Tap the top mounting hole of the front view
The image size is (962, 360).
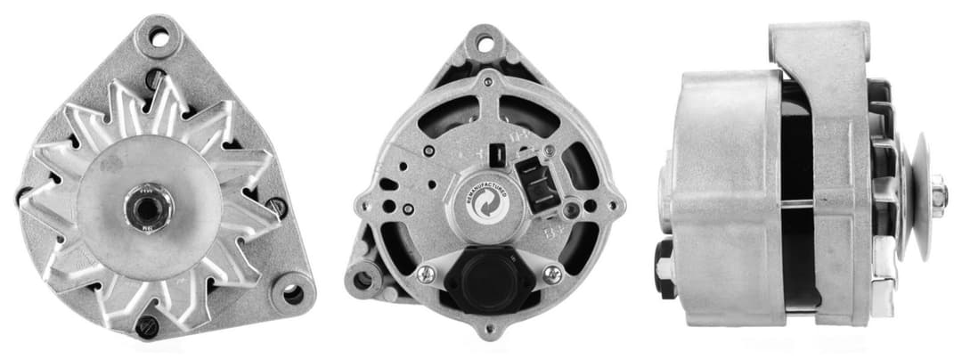[x=159, y=38]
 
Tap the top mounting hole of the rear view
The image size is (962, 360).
[x=484, y=41]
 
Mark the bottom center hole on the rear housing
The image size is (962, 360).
[x=486, y=330]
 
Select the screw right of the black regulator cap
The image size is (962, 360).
[x=553, y=274]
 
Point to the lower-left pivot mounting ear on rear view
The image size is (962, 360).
[x=363, y=280]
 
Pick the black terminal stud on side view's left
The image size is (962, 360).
[x=664, y=265]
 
